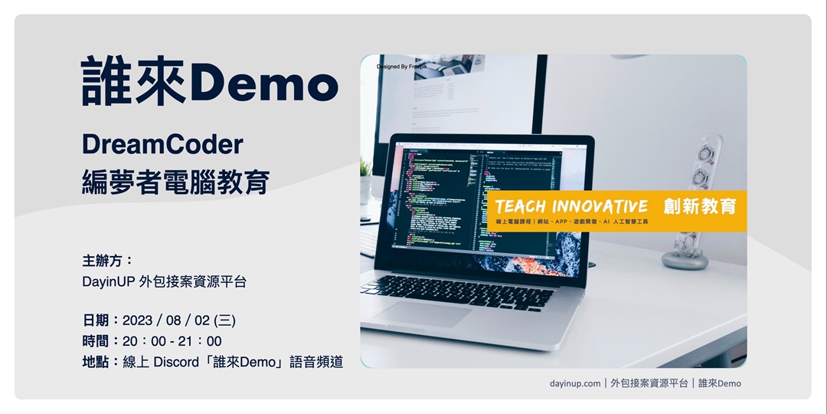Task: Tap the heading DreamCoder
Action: click(162, 144)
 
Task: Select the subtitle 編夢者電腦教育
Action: click(175, 182)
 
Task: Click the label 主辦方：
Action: click(107, 260)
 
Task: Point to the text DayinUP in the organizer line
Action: click(108, 281)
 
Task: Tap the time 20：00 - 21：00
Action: click(172, 341)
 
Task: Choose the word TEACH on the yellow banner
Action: click(521, 207)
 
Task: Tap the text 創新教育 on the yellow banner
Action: click(700, 206)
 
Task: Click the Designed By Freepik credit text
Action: click(402, 67)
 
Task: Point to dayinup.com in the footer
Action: click(575, 383)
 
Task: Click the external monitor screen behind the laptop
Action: click(459, 96)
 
